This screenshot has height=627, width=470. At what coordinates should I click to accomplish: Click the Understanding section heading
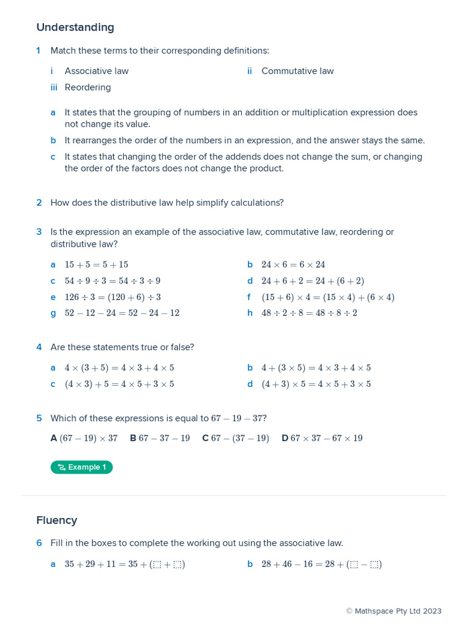75,28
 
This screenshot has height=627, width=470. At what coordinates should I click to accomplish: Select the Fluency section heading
56,520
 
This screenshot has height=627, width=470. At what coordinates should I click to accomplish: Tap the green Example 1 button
81,467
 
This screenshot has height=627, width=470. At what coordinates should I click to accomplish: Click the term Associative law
96,71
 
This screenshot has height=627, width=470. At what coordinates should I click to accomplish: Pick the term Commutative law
297,71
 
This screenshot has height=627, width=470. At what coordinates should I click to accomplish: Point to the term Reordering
88,88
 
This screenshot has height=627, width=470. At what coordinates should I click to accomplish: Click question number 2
39,203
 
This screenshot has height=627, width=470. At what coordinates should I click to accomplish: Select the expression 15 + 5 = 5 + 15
96,265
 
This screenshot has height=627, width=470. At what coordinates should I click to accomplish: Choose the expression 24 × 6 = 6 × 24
293,265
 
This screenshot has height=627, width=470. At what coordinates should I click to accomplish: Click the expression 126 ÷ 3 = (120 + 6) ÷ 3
113,297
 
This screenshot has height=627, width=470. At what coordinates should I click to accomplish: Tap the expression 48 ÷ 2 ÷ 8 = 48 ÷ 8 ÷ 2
309,313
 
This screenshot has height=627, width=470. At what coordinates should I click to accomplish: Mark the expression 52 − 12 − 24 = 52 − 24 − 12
122,313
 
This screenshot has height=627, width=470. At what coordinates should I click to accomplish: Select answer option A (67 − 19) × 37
84,438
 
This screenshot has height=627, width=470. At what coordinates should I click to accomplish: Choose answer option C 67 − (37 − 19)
236,438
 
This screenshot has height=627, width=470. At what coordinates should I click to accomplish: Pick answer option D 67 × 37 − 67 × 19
322,438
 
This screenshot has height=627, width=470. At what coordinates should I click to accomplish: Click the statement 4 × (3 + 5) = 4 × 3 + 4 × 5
119,368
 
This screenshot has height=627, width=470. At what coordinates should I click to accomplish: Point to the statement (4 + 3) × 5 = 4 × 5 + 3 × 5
316,384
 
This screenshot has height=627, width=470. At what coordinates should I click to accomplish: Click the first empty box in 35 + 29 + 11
157,565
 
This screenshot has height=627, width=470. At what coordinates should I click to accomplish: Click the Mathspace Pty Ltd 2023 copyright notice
394,611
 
